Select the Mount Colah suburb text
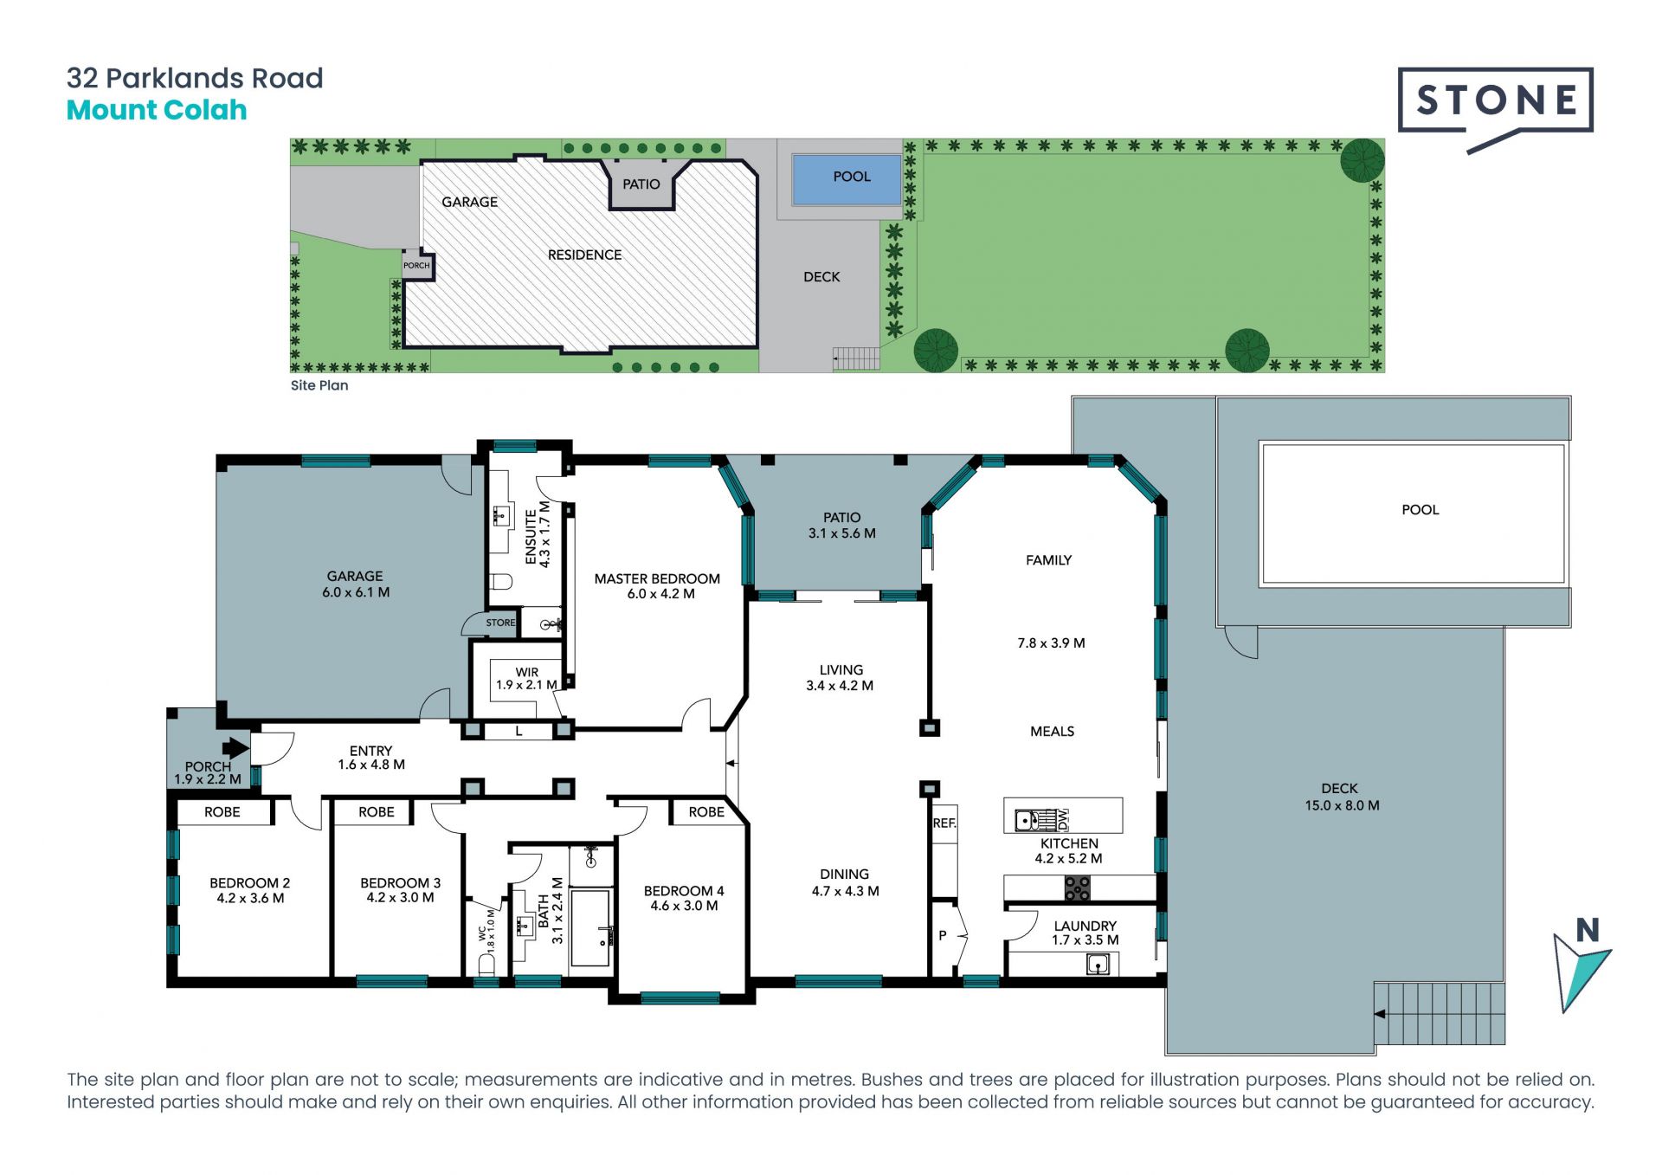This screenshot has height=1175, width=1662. click(157, 110)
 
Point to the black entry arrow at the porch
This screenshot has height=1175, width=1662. click(235, 748)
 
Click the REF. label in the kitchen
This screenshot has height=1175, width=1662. click(944, 823)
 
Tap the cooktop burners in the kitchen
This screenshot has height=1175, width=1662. click(1078, 888)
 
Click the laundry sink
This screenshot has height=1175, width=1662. click(1098, 964)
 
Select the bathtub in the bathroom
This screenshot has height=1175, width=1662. click(592, 928)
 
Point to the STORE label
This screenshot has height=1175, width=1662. click(500, 623)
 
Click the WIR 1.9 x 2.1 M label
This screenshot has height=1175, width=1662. click(527, 678)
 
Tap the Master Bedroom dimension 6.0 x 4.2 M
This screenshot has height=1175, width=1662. click(661, 594)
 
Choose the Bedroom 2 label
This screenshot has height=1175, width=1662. click(250, 883)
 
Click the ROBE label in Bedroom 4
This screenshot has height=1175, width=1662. click(706, 812)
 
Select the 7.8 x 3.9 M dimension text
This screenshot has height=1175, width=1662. click(1051, 643)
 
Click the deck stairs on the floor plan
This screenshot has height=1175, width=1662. click(1440, 1013)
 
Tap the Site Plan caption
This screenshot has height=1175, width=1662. click(319, 385)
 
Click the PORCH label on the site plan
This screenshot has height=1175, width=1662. click(416, 266)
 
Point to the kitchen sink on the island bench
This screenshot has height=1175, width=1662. click(1027, 819)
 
